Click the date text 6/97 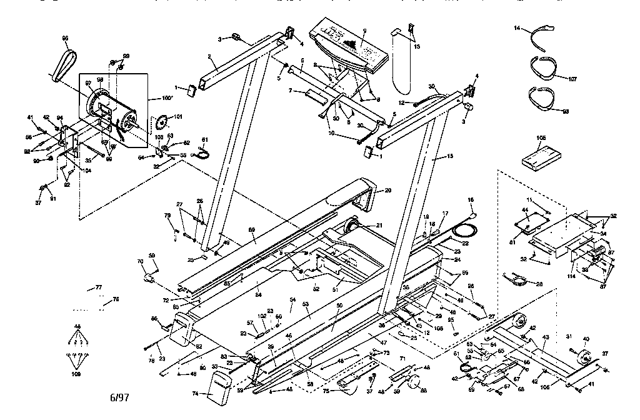121,397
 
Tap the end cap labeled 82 181,330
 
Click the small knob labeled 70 149,277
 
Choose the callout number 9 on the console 364,31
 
